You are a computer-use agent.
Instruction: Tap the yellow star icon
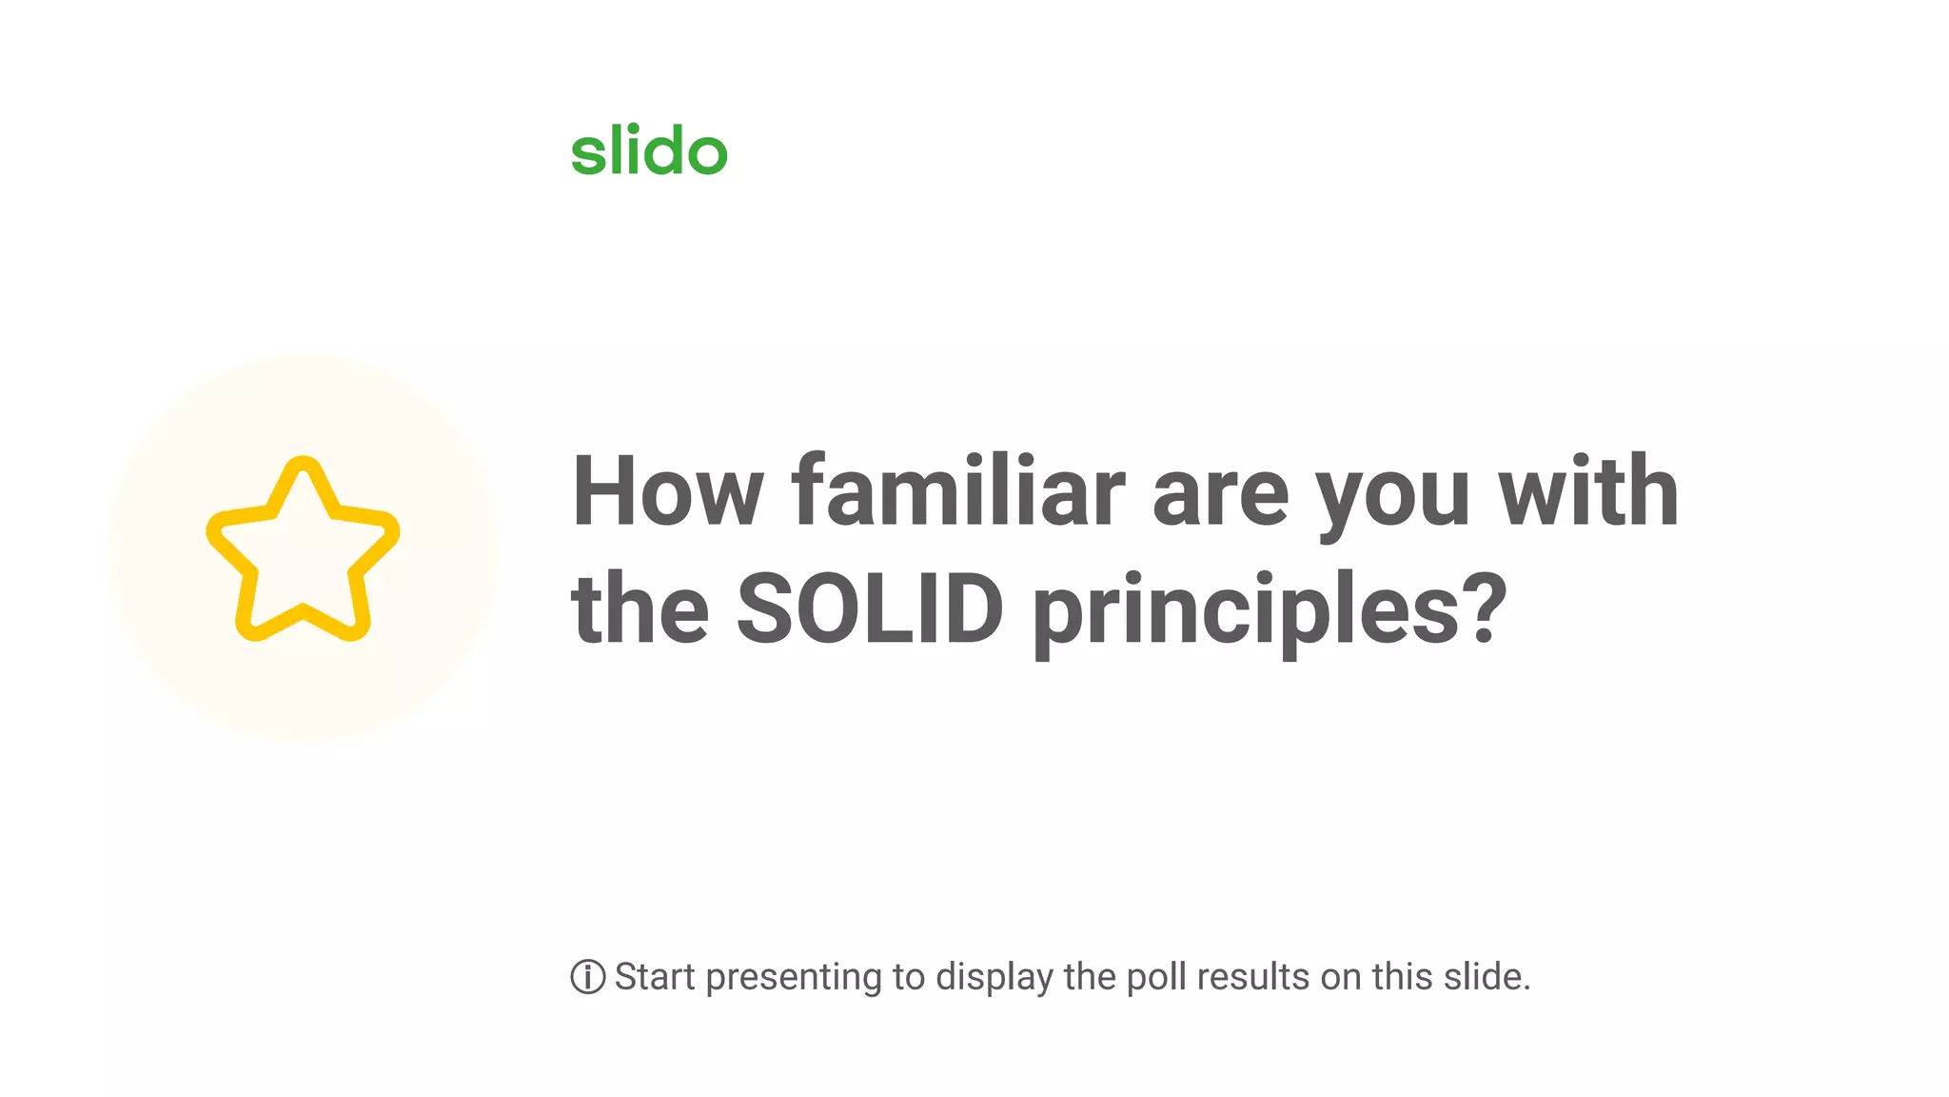click(303, 549)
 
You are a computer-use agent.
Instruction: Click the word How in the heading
click(666, 491)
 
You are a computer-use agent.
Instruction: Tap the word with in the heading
click(1588, 491)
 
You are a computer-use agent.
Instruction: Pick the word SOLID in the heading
click(870, 608)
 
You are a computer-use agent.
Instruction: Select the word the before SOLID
click(640, 608)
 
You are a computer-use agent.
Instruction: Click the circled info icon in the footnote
click(588, 977)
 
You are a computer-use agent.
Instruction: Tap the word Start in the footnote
click(655, 977)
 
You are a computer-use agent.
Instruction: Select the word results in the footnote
click(1253, 977)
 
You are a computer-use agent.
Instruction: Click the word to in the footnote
click(909, 977)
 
